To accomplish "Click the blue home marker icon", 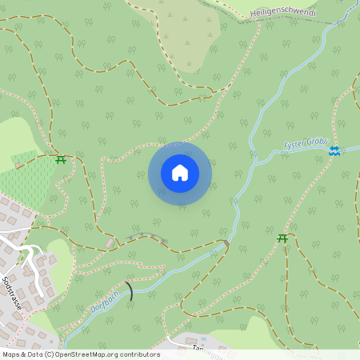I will pos(180,173).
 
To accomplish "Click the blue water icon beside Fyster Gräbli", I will pos(334,150).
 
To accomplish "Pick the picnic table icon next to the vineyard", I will pos(61,158).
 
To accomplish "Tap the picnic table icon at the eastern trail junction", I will pos(282,238).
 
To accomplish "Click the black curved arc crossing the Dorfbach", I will pos(129,290).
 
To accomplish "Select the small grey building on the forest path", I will pos(110,242).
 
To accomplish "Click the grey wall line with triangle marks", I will pos(146,236).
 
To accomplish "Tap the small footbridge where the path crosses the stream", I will pos(227,244).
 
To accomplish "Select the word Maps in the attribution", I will pos(11,354).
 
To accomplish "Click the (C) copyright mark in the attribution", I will pos(50,354).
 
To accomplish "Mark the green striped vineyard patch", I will pos(24,181).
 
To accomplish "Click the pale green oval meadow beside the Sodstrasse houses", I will pos(58,249).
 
